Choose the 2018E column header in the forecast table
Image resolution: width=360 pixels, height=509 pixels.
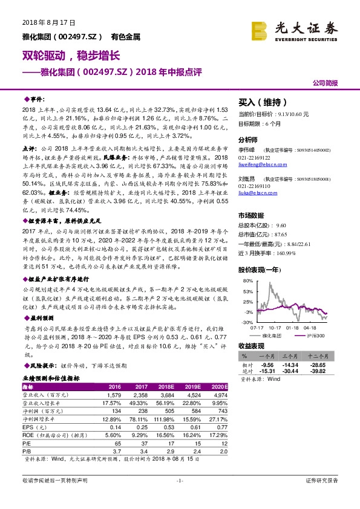pyautogui.click(x=166, y=387)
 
